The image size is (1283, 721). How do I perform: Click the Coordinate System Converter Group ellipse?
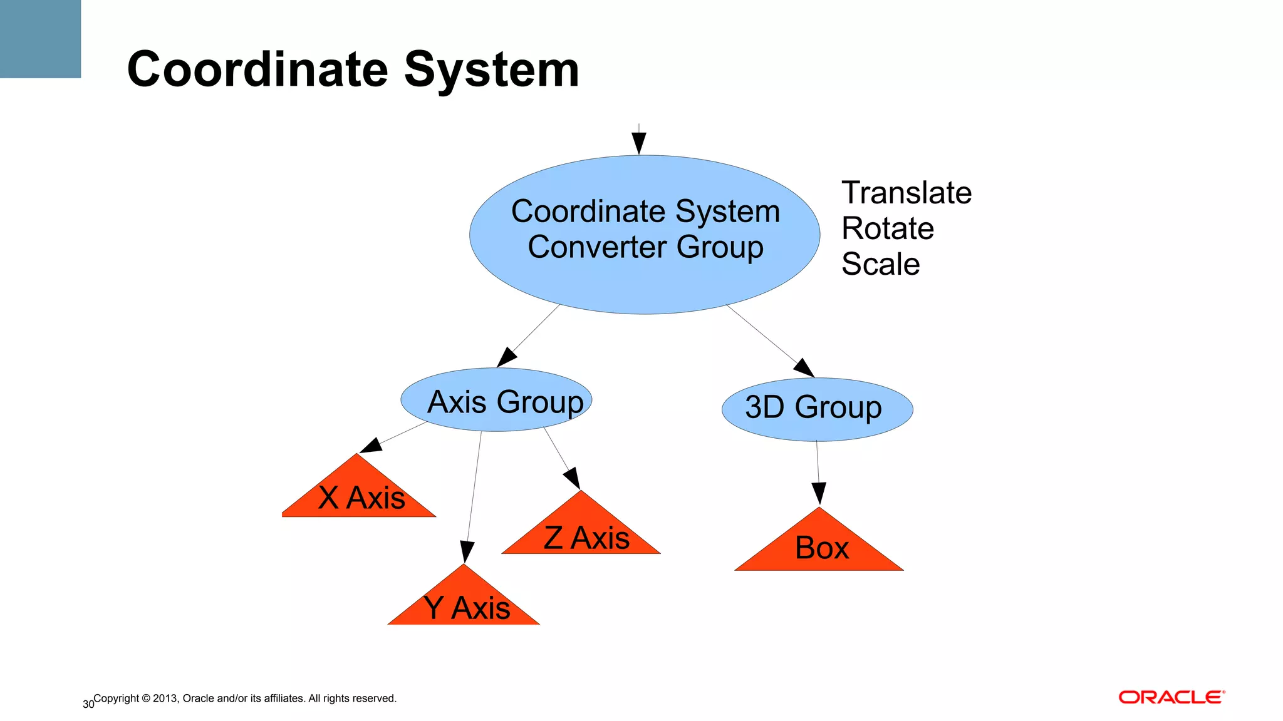(x=645, y=234)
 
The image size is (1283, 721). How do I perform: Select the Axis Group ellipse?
(x=496, y=400)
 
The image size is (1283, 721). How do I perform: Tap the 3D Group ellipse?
(x=817, y=409)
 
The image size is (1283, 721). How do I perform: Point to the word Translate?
(x=906, y=193)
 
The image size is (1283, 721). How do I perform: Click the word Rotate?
(x=887, y=228)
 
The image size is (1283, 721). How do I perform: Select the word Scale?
(x=880, y=264)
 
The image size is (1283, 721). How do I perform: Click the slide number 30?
(x=88, y=705)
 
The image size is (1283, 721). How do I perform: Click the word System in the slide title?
(x=492, y=69)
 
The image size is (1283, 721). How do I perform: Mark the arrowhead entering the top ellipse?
(x=639, y=143)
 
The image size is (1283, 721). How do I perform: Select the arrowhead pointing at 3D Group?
(x=804, y=367)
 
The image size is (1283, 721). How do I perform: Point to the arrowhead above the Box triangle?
(x=819, y=493)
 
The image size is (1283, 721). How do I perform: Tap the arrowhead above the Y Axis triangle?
(x=467, y=552)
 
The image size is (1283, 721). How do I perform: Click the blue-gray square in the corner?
(x=40, y=39)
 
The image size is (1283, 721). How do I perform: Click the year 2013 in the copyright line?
(x=165, y=698)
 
